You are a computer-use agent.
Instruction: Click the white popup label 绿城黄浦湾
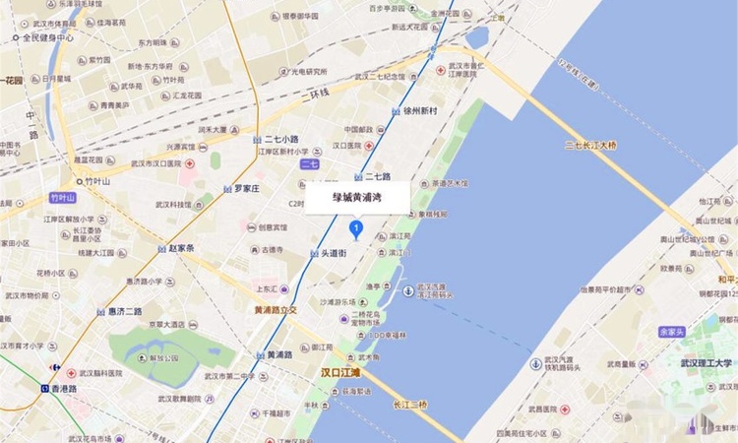point(356,198)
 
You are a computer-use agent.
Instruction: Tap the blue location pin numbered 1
point(356,229)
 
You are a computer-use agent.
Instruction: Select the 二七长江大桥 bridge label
point(590,146)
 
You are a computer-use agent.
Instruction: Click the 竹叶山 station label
point(97,181)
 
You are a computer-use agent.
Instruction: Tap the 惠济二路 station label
point(125,311)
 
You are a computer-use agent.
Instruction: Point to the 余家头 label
point(671,332)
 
